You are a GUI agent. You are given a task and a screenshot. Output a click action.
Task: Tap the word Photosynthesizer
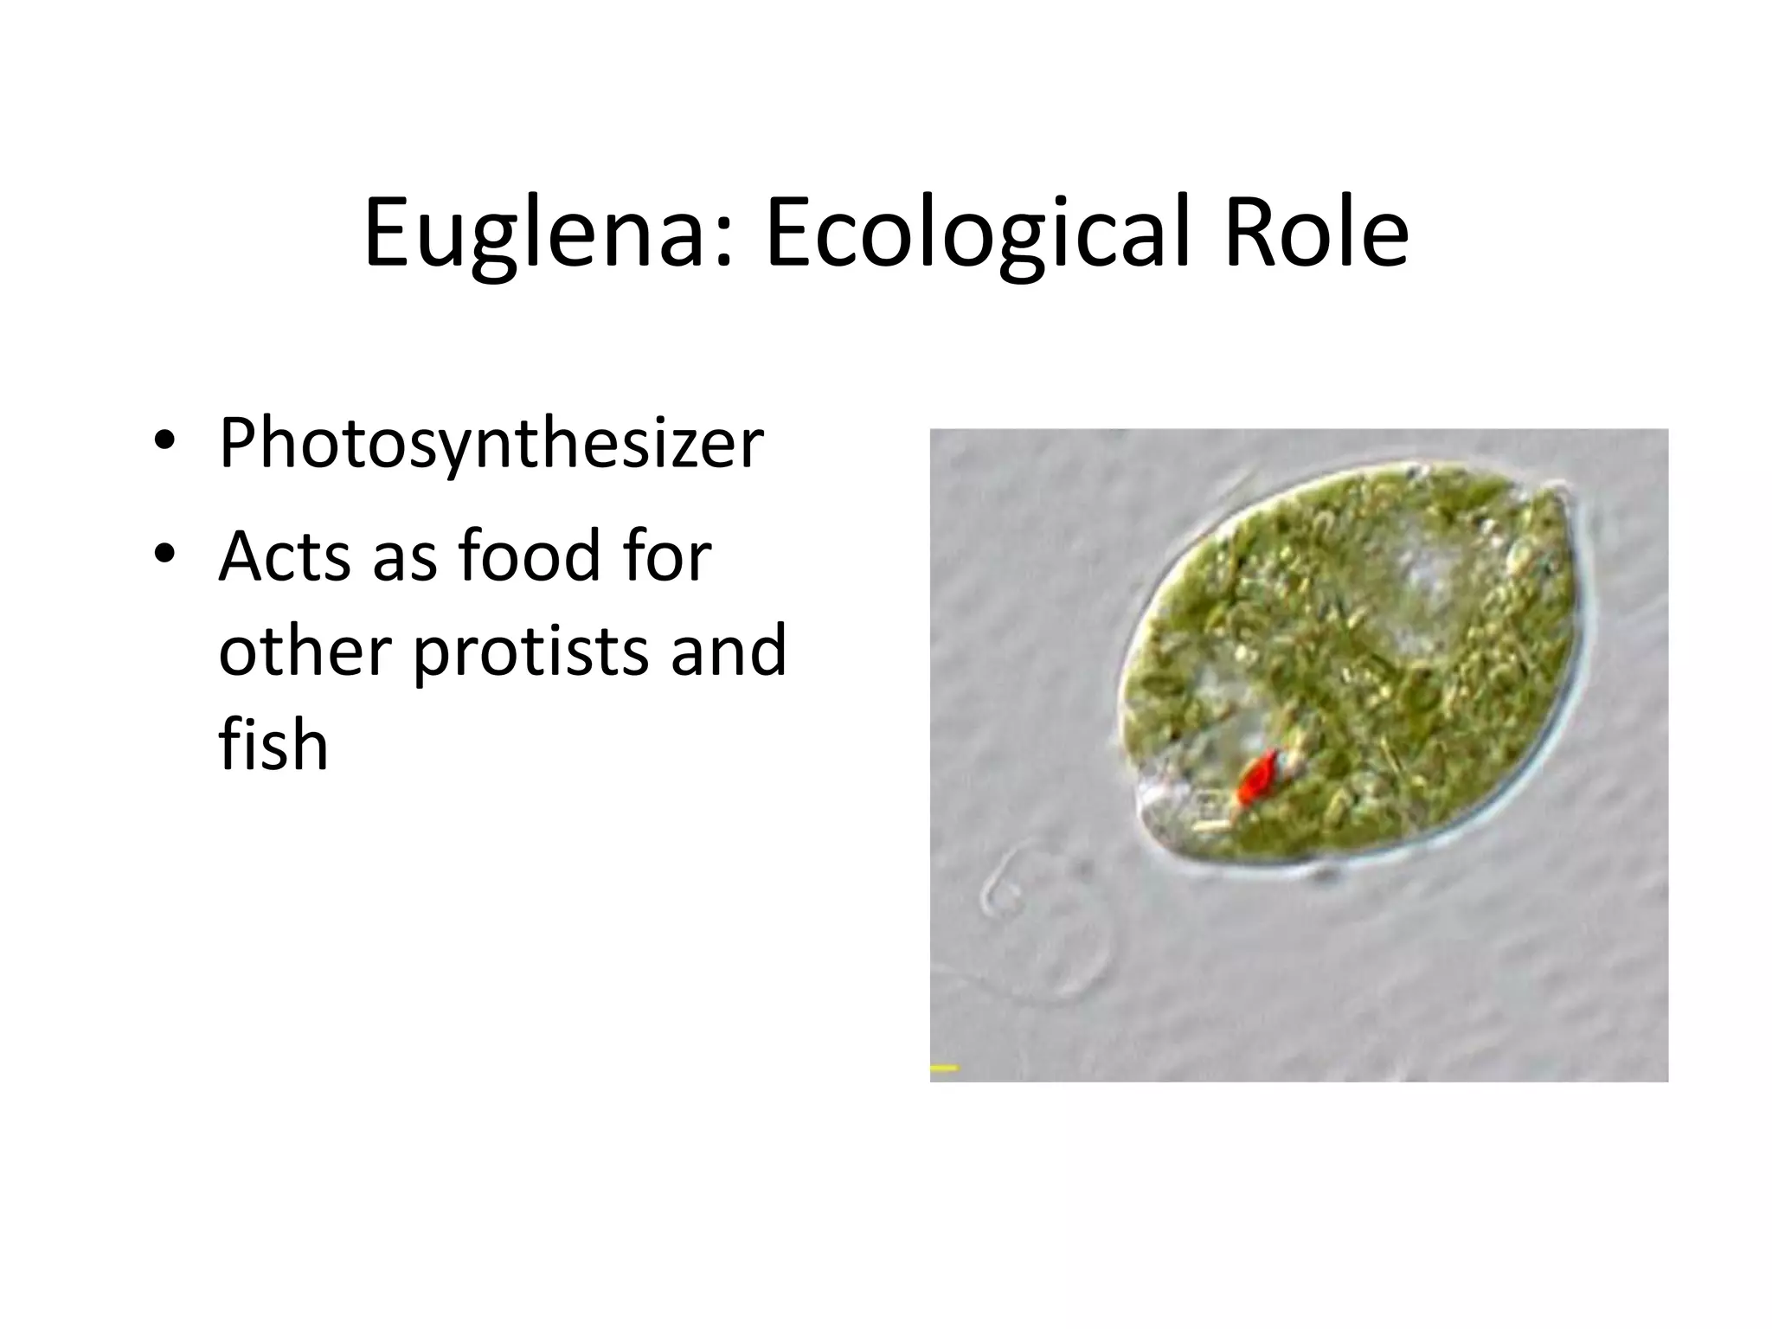point(491,445)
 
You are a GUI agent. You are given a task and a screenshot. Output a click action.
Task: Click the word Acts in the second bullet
point(286,555)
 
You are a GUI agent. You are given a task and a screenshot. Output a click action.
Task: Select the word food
point(528,555)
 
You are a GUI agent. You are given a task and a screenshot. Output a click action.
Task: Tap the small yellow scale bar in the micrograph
point(944,1068)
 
